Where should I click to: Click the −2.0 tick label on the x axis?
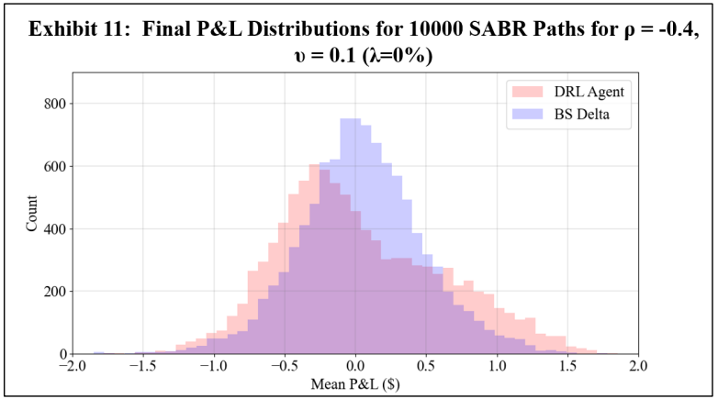[71, 368]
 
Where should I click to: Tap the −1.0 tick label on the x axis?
[212, 368]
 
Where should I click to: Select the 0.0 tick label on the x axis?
[356, 368]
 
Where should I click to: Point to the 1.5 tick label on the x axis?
[568, 368]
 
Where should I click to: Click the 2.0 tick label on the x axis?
[639, 368]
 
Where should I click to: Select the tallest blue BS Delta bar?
[350, 238]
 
